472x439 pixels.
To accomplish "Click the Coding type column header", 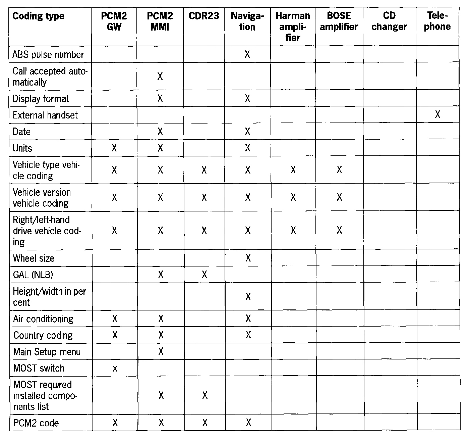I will pos(38,16).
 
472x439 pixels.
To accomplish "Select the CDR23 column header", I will pos(204,16).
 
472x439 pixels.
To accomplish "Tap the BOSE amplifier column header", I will pos(339,21).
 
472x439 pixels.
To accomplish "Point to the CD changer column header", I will pos(389,21).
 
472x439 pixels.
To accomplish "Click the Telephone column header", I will pos(437,21).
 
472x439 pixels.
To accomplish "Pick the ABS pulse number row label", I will pos(48,54).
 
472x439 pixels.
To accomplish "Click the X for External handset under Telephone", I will pos(437,115).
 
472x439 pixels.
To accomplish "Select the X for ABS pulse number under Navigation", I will pos(247,54).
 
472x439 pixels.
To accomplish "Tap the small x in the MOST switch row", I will pos(115,369).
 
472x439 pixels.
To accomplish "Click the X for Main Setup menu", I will pos(161,351).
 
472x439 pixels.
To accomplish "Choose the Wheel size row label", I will pos(34,258).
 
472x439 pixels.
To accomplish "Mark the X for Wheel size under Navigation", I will pos(248,258).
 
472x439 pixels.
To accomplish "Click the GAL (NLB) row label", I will pos(33,275).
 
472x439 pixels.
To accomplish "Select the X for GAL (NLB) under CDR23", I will pos(204,275).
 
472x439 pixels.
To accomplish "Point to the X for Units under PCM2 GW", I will pos(114,148).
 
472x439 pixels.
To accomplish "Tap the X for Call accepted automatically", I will pos(160,77).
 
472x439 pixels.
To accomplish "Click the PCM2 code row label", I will pos(36,423).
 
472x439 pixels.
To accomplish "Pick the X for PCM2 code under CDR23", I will pos(205,423).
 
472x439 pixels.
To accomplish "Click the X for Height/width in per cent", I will pos(248,296).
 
